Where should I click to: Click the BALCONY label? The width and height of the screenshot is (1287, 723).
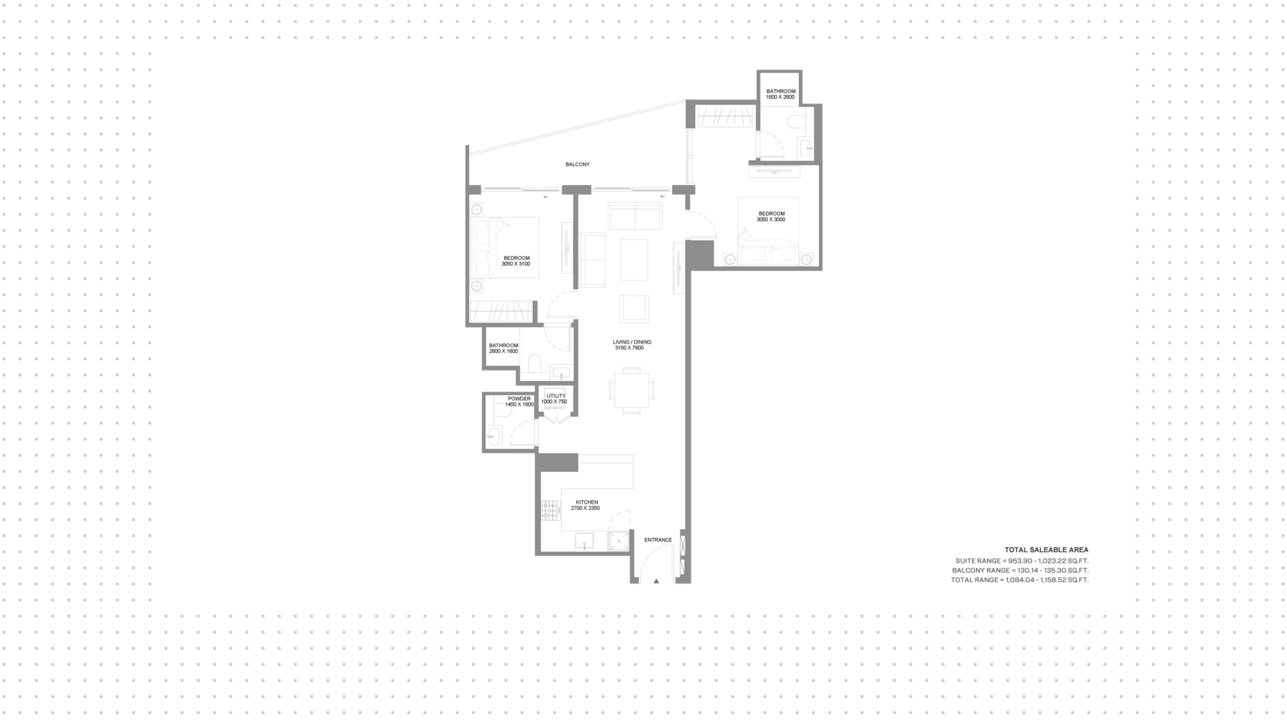[577, 164]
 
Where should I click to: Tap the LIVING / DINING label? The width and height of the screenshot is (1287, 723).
[632, 342]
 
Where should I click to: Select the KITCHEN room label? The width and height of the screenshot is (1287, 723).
[587, 502]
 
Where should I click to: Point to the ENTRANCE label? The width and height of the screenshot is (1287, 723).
[658, 540]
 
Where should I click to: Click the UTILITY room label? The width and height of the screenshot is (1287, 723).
[556, 396]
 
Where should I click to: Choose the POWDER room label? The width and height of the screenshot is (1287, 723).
[519, 399]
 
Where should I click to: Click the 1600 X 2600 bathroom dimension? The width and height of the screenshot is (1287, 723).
[781, 97]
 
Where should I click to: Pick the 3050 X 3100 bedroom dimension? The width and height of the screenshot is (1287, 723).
[516, 264]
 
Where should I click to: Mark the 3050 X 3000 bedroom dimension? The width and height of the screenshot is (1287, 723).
[771, 219]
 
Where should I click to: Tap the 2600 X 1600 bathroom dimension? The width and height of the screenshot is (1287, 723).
[503, 351]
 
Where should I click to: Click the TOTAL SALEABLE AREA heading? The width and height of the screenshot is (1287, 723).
[1046, 550]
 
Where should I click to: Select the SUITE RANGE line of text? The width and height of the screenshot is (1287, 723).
[1022, 561]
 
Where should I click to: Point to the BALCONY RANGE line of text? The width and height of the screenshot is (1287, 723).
[1020, 570]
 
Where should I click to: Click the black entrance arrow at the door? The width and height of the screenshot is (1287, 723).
[656, 581]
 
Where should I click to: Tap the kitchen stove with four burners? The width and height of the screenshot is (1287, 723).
[550, 510]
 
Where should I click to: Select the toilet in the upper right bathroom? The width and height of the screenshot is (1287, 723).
[796, 121]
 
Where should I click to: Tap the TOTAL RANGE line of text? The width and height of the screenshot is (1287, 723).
[1020, 579]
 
